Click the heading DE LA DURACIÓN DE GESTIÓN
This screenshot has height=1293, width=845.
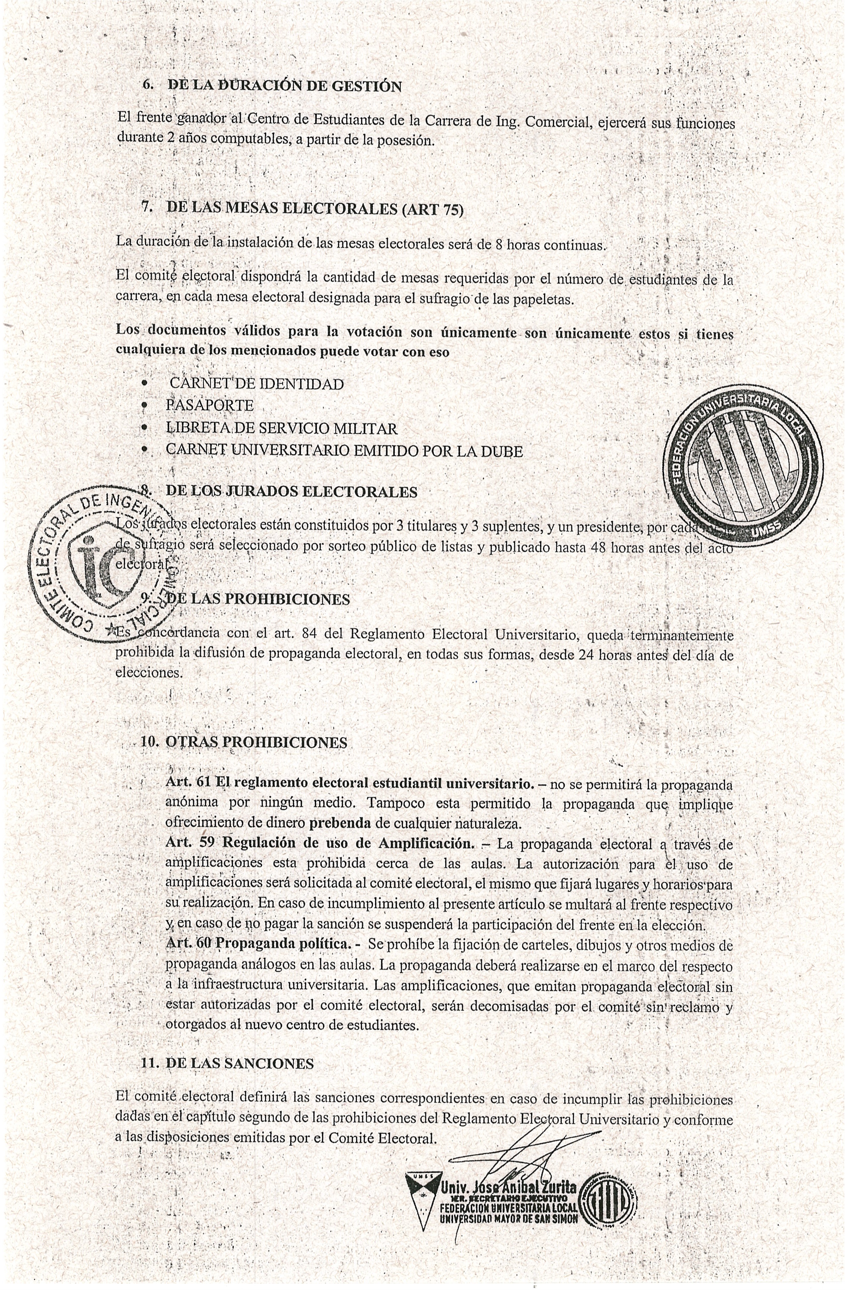[x=285, y=86]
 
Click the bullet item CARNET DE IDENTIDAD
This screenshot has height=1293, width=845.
[x=256, y=384]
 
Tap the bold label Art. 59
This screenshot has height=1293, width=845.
[x=190, y=843]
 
